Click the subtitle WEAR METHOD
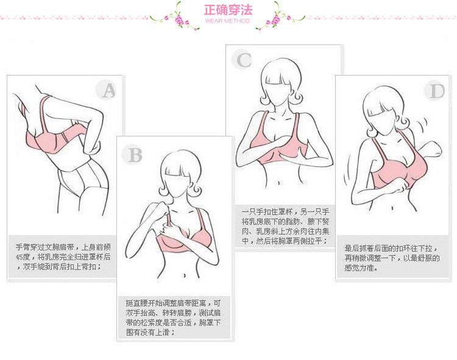[227, 21]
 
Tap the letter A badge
[108, 90]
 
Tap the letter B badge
[132, 155]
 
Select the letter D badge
[436, 91]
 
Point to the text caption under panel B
[174, 317]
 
